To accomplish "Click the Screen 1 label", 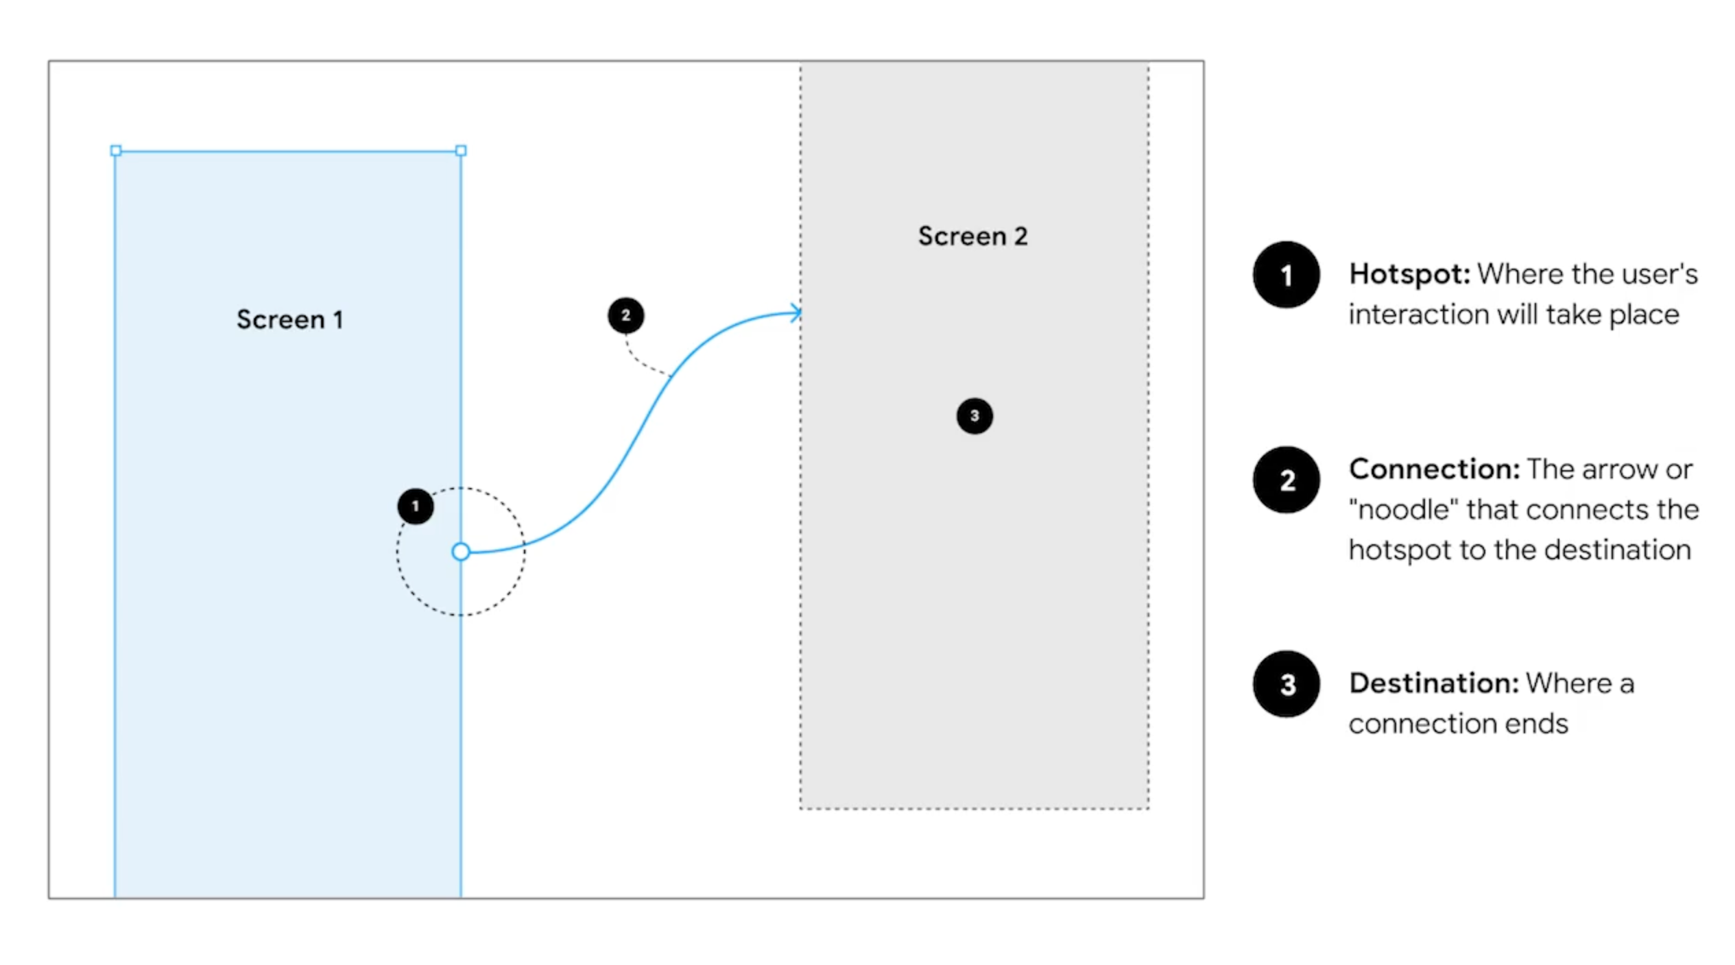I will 289,319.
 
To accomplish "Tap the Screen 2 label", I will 972,236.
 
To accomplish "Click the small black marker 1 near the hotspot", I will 415,506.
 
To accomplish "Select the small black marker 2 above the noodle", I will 625,315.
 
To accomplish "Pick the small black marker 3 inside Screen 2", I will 974,416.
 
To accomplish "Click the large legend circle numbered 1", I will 1286,275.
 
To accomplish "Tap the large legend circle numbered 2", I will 1286,480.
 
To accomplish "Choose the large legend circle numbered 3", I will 1286,684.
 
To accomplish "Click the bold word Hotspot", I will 1409,274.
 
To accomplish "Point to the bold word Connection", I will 1433,469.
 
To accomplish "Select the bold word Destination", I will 1433,683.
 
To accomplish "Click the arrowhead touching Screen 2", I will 795,313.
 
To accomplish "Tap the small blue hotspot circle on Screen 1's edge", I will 461,552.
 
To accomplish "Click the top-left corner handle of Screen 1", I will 116,151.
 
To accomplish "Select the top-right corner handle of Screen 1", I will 461,151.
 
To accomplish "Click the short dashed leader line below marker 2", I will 643,363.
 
